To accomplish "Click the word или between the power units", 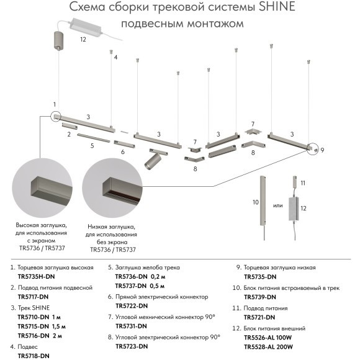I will [x=278, y=205].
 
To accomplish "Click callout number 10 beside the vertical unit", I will [x=254, y=202].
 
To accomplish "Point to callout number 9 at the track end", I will [x=323, y=150].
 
